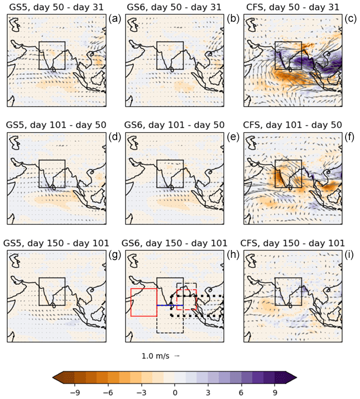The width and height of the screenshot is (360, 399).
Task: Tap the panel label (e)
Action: coord(235,136)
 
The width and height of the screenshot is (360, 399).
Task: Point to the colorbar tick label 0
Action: coord(175,392)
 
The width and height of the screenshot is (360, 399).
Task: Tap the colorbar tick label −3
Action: coord(141,392)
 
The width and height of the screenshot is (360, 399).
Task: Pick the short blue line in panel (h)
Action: coord(164,305)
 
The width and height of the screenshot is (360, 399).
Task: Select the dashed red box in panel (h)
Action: coord(186,299)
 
